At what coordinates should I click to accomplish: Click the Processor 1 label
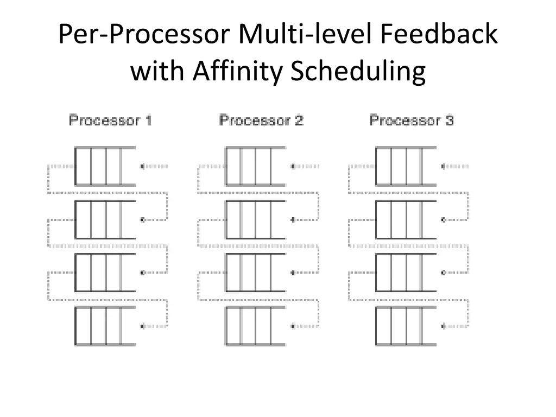click(x=110, y=120)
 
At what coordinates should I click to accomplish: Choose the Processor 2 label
click(x=261, y=120)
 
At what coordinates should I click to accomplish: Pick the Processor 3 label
click(x=411, y=120)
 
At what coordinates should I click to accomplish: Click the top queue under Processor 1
click(x=104, y=166)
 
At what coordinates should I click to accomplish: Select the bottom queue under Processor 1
click(x=104, y=326)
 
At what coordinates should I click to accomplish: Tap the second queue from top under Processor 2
click(x=255, y=219)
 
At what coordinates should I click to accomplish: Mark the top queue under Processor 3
click(x=405, y=166)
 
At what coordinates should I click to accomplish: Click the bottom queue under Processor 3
click(x=405, y=326)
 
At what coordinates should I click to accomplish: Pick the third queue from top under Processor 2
click(x=255, y=273)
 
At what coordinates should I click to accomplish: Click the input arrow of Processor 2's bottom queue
click(x=304, y=326)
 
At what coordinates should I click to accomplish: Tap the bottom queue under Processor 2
click(x=255, y=326)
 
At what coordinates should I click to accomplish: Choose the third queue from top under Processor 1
click(x=104, y=273)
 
